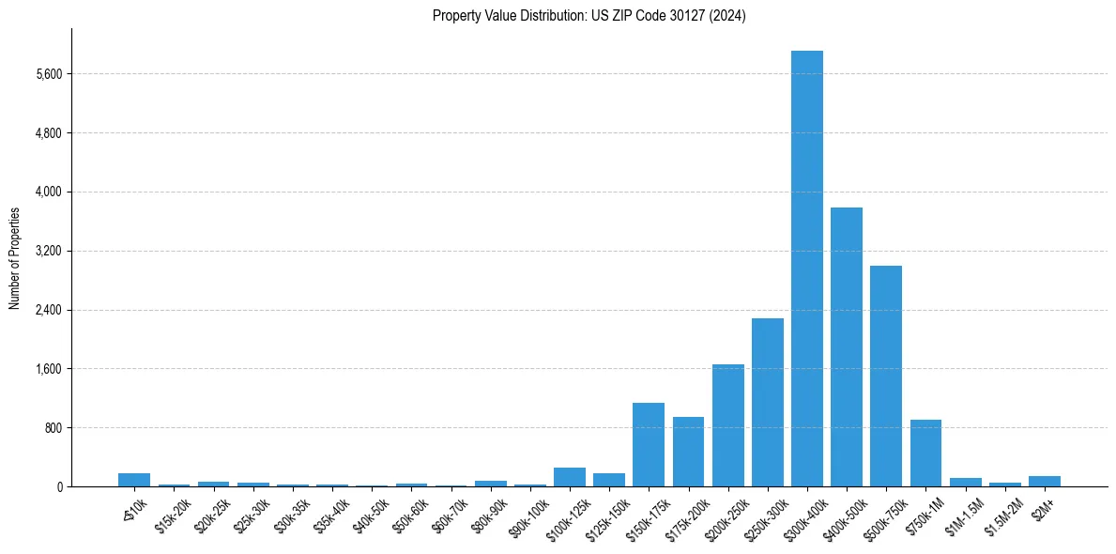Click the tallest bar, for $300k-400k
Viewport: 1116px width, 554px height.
point(806,269)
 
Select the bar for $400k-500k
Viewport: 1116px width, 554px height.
point(846,347)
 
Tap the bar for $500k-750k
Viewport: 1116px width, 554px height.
point(885,376)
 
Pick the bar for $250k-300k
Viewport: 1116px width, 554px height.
point(767,402)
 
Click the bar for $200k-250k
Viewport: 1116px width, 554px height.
point(727,425)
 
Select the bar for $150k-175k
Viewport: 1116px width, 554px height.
point(649,444)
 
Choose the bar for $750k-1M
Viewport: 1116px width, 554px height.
point(925,453)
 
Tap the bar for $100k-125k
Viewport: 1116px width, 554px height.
point(570,477)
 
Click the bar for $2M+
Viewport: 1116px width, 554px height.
point(1044,481)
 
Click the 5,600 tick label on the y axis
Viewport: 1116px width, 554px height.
point(48,74)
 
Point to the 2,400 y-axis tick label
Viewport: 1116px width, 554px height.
point(48,310)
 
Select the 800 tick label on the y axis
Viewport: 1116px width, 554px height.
point(53,428)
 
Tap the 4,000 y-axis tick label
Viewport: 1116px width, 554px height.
point(48,192)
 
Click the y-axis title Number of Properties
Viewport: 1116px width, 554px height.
point(14,258)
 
